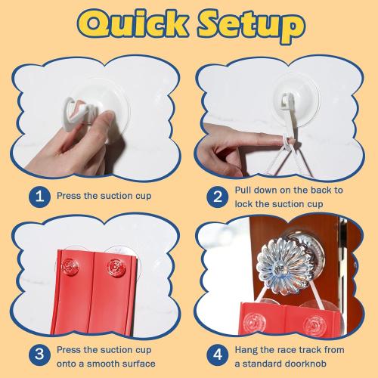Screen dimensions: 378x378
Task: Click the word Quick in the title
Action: (133, 24)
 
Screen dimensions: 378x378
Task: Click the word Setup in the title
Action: (252, 26)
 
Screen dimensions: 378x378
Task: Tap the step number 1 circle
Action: (39, 197)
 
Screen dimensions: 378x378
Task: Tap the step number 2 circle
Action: (218, 197)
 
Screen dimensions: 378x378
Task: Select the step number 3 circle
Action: (39, 355)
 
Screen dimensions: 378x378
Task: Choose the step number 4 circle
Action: (218, 355)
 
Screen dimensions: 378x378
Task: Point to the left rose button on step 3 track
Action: (70, 267)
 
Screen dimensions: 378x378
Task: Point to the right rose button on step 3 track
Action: (116, 268)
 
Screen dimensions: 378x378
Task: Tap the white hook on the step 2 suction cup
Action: (287, 100)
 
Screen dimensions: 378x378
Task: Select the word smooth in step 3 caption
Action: (103, 364)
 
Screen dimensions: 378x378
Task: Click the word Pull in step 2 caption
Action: (243, 191)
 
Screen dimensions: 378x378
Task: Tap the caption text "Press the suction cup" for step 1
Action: (104, 196)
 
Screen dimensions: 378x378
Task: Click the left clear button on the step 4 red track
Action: (254, 321)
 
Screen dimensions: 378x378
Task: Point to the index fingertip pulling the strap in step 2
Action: (281, 140)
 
